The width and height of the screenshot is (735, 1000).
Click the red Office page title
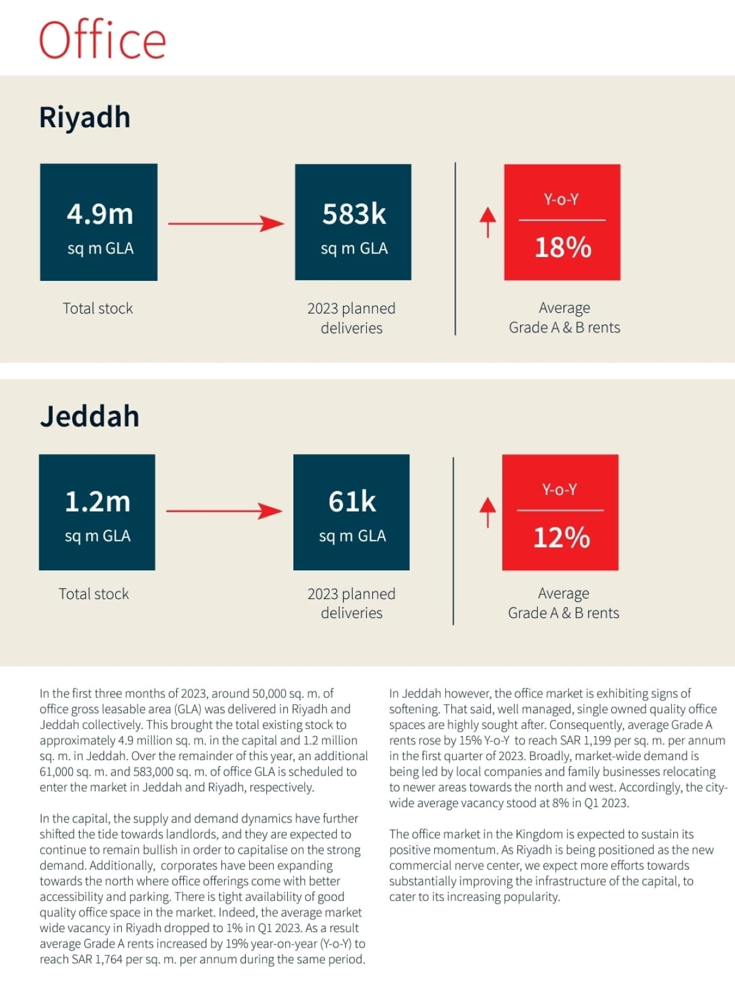102,40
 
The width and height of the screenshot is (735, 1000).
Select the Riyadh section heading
85,118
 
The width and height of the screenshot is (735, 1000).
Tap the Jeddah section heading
89,416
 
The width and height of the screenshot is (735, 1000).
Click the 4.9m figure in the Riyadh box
100,214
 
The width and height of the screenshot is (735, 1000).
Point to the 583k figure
354,214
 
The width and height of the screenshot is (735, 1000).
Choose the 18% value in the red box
563,247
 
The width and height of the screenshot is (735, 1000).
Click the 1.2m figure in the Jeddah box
97,502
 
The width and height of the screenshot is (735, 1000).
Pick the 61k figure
352,502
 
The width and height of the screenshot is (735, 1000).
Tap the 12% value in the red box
562,537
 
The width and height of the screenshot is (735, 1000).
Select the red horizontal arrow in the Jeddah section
224,510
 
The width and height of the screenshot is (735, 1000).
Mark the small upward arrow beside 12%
488,512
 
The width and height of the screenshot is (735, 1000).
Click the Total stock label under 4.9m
98,308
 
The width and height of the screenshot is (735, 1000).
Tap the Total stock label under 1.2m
94,594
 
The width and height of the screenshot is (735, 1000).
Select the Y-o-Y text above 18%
561,200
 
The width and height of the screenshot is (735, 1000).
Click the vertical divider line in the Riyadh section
455,248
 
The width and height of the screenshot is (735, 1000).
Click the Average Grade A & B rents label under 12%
563,603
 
